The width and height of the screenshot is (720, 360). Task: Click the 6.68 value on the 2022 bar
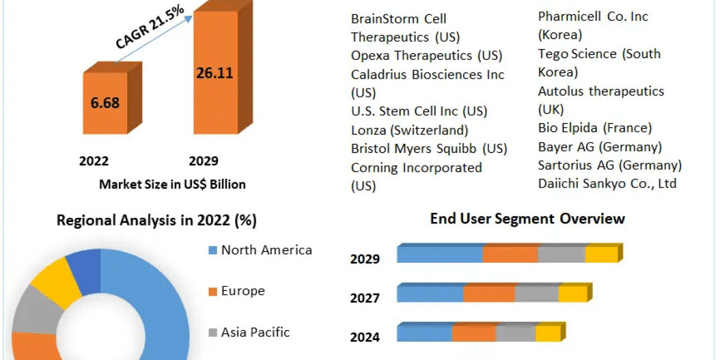tap(105, 103)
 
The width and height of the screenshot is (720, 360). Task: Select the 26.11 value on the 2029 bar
tap(214, 73)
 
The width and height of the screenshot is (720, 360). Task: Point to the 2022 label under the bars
tap(94, 161)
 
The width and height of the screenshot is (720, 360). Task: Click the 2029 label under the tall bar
tap(203, 161)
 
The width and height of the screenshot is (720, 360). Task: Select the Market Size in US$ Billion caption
tap(172, 184)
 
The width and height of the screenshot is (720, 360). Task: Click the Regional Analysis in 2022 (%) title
tap(157, 220)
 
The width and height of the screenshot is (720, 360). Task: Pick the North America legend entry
tap(266, 250)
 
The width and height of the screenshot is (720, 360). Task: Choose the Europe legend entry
tap(242, 291)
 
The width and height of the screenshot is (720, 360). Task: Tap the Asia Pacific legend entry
tap(255, 332)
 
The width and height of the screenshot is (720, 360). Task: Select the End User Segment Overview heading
tap(527, 218)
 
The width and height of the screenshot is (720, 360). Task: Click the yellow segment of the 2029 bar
tap(601, 254)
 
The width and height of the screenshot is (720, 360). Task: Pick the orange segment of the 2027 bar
tap(489, 294)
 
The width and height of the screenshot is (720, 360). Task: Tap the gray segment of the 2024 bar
tap(515, 334)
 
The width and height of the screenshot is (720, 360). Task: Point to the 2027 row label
tap(365, 298)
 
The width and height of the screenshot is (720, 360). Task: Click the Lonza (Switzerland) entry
tap(409, 130)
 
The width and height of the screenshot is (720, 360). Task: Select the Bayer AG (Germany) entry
tap(600, 146)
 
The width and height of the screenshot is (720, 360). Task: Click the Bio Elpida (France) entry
tap(595, 128)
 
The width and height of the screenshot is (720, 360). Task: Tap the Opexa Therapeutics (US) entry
tap(427, 55)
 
